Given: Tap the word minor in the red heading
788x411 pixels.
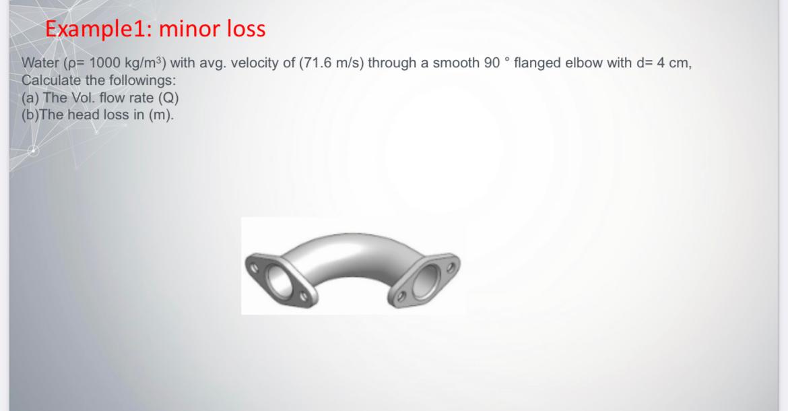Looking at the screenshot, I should click(x=190, y=28).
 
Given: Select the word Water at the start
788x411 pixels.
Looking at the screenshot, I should click(x=39, y=63).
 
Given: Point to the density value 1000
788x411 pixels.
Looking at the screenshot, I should click(x=104, y=63).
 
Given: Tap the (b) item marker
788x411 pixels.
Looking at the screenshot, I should click(x=31, y=114).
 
